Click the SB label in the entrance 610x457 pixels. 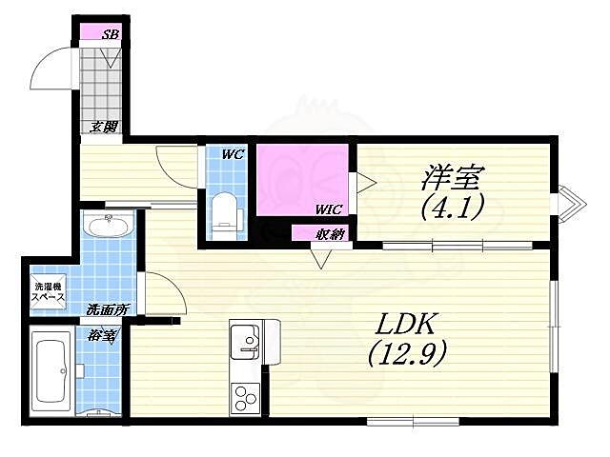tap(111, 34)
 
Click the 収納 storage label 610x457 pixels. tap(331, 233)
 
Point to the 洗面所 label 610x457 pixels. tap(107, 309)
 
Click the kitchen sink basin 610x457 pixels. tap(244, 341)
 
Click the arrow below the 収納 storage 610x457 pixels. tap(321, 257)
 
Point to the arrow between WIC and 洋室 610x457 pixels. tap(365, 182)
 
